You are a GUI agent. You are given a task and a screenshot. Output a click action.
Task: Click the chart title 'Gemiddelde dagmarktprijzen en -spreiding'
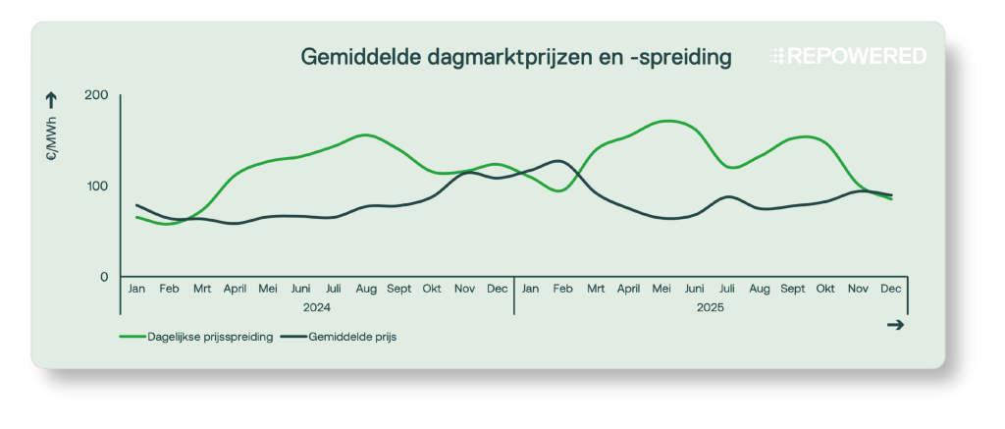tap(515, 58)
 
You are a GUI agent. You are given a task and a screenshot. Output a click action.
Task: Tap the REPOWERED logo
tap(848, 57)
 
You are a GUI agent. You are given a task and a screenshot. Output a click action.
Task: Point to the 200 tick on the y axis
tap(96, 95)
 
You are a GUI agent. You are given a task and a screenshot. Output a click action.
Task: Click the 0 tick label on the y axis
tap(104, 277)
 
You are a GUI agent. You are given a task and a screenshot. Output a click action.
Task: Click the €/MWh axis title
tap(51, 142)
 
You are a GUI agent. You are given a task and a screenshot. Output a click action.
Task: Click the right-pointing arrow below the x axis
tap(894, 326)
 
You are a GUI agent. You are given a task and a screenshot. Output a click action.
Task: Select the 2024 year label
tap(316, 307)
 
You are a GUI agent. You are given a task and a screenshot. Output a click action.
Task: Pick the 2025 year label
tap(711, 307)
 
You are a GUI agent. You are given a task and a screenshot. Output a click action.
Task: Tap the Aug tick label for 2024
tap(366, 290)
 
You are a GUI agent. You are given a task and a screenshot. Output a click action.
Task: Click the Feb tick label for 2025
tap(563, 290)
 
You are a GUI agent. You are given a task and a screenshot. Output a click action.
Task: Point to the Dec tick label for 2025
tap(891, 290)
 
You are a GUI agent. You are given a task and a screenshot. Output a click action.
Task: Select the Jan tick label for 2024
tap(136, 290)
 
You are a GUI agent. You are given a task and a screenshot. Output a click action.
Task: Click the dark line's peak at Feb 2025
tap(557, 160)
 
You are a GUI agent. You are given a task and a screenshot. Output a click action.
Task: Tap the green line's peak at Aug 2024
tap(365, 134)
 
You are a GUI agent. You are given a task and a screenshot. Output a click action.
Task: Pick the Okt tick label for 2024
tap(432, 290)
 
